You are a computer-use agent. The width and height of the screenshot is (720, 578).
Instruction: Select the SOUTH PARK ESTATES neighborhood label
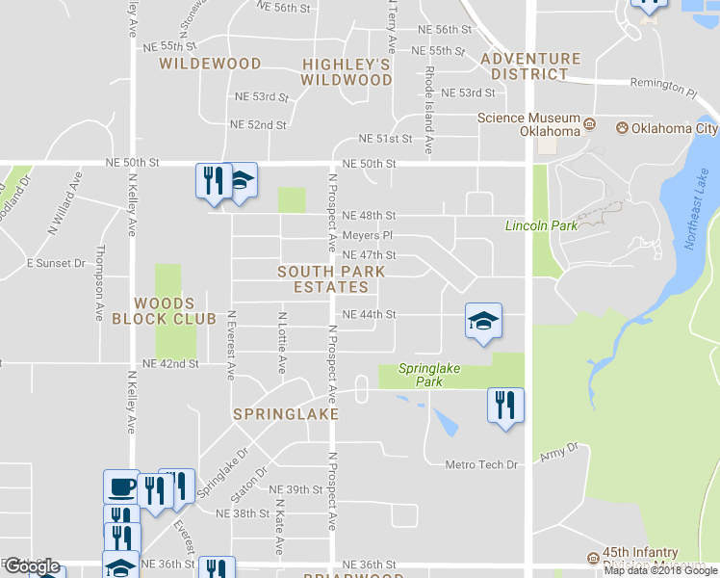click(331, 279)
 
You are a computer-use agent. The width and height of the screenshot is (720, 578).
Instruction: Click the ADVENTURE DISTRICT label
click(530, 66)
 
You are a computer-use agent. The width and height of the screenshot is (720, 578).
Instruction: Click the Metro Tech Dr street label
click(481, 465)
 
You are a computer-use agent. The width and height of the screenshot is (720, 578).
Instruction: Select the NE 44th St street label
click(369, 315)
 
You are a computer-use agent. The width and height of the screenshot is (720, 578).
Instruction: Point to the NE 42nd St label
click(169, 364)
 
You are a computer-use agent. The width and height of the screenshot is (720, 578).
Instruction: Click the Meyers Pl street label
click(368, 235)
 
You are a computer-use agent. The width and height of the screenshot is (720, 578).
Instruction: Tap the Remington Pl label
click(662, 87)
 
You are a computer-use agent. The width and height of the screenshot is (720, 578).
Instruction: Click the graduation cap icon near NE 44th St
click(483, 322)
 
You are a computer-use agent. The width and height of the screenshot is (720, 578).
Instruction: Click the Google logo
click(31, 566)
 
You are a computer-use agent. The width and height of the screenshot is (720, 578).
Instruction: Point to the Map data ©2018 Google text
click(661, 570)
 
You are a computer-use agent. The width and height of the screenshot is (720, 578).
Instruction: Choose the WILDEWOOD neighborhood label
click(210, 64)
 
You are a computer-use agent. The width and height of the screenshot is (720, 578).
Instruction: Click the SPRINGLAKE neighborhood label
click(286, 413)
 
